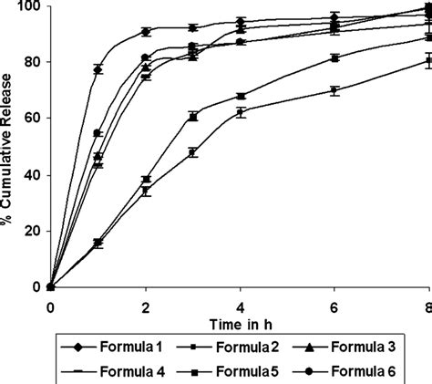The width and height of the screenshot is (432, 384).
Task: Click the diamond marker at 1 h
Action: [x=98, y=69]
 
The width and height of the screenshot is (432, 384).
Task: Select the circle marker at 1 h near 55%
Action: [x=98, y=133]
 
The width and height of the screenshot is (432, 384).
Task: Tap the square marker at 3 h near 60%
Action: [x=192, y=117]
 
